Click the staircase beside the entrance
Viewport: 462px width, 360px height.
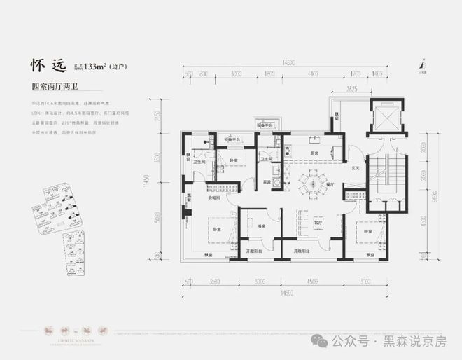pyautogui.click(x=384, y=184)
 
